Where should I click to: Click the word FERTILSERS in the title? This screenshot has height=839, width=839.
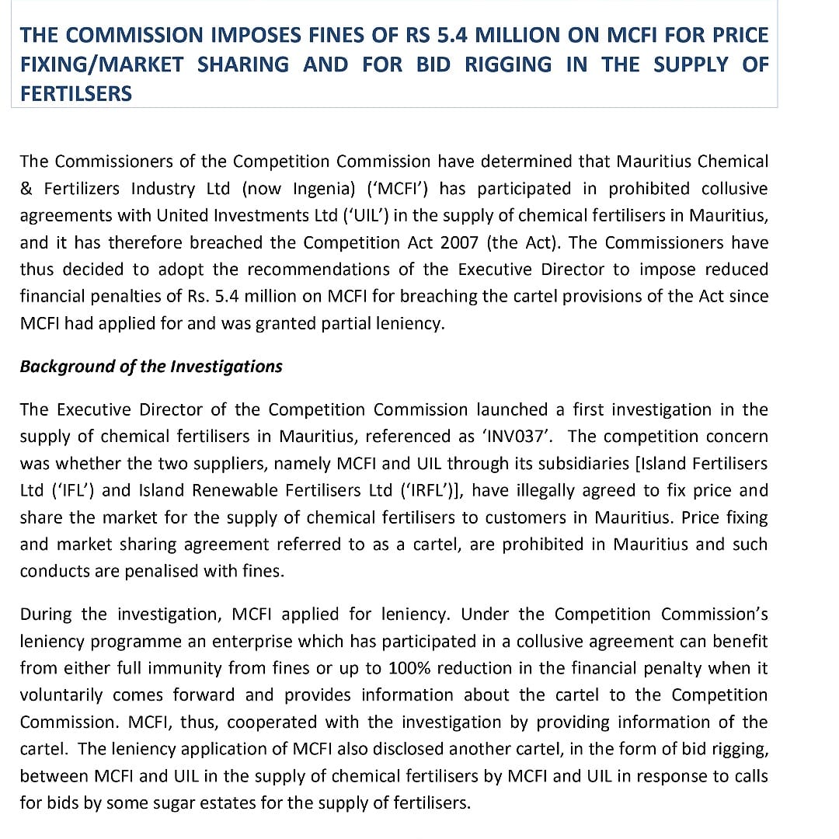tap(76, 93)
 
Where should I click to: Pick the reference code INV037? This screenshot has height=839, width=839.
tap(517, 437)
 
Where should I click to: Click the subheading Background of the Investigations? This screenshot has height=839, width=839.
tap(151, 367)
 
